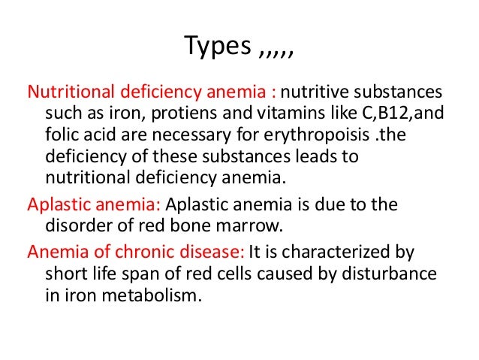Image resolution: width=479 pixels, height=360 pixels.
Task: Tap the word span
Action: [134, 271]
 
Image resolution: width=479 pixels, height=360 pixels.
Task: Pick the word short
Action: [56, 271]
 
